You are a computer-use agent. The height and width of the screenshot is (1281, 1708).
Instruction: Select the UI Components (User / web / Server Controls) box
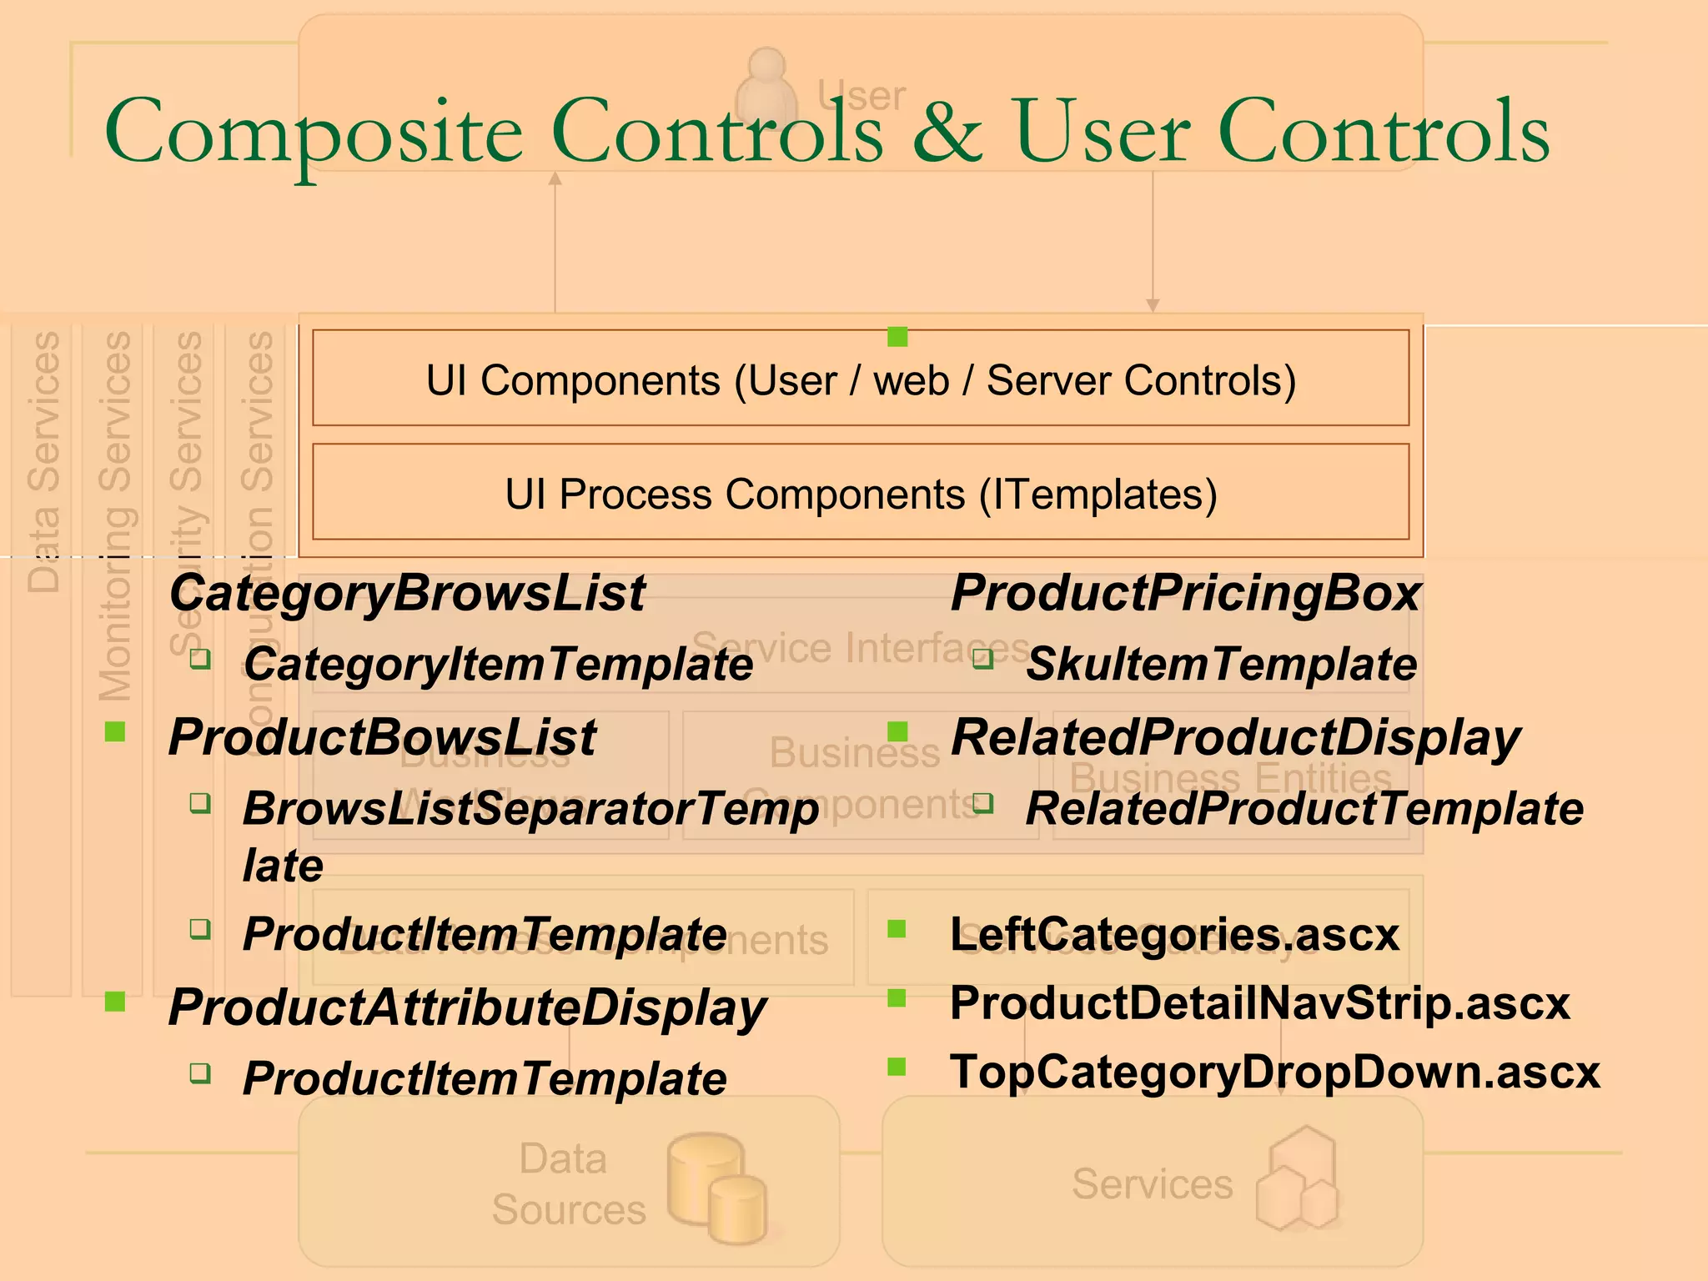tap(861, 379)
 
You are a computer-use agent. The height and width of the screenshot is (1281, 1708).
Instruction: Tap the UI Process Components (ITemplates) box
tap(861, 493)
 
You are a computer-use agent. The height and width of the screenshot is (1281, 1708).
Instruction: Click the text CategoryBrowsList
tap(407, 593)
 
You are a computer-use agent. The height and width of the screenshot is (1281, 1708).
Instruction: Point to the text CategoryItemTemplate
tap(498, 664)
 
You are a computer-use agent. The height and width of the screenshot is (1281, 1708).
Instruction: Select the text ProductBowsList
tap(382, 737)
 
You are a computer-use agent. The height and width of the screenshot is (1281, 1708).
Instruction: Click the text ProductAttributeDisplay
tap(467, 1007)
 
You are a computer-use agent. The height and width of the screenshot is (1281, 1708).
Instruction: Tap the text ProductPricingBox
tap(1185, 593)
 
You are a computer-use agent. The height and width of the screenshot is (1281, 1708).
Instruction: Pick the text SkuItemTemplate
tap(1221, 664)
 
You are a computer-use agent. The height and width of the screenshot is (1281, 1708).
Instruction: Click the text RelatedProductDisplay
tap(1235, 737)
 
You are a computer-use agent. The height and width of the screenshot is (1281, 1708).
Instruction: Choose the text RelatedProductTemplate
tap(1304, 808)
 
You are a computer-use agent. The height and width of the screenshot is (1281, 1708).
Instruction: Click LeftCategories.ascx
tap(1174, 933)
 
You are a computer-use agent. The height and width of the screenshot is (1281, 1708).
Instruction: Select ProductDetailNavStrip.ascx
tap(1259, 1002)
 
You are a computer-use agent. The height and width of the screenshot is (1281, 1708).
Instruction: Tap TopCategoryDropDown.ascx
tap(1274, 1072)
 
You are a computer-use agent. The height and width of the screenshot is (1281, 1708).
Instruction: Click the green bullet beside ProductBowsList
tap(115, 732)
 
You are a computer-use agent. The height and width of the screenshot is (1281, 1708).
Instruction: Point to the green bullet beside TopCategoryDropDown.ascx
tap(897, 1067)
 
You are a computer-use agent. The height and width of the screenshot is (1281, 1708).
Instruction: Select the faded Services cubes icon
tap(1298, 1179)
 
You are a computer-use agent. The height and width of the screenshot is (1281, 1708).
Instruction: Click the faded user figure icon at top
tap(766, 88)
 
